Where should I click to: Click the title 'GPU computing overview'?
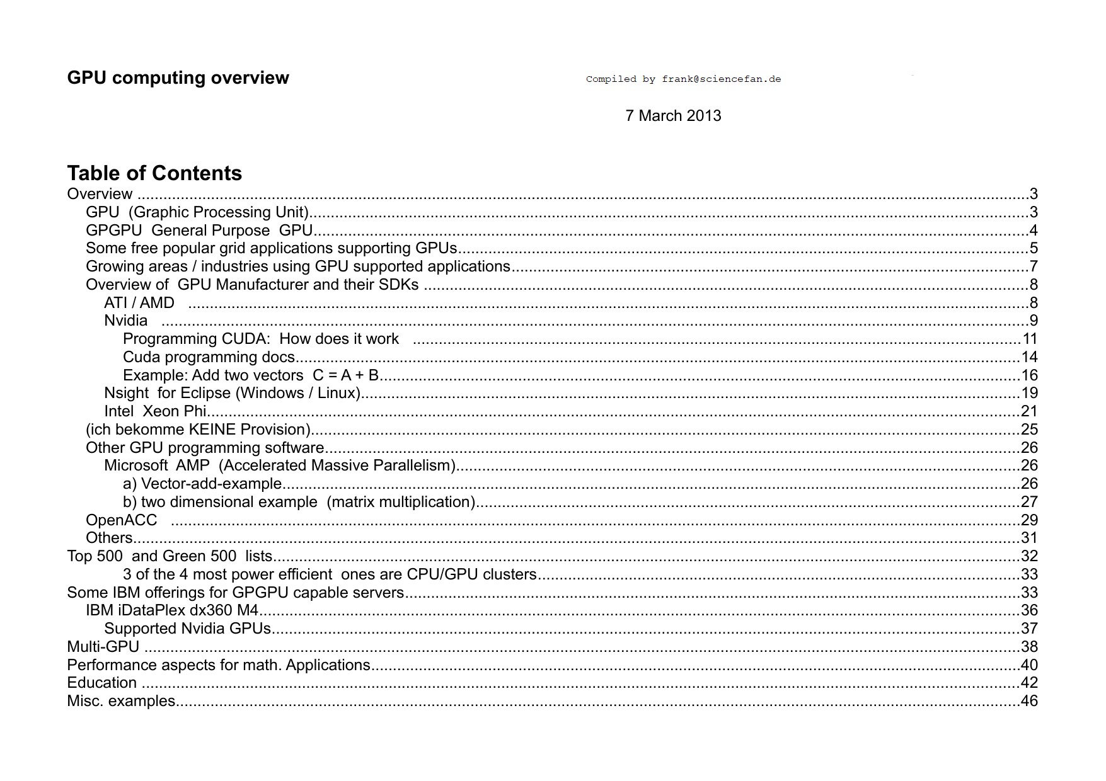click(x=178, y=78)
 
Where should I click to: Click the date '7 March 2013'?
click(x=673, y=116)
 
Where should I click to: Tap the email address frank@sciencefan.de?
click(x=721, y=79)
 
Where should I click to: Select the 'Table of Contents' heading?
click(x=154, y=173)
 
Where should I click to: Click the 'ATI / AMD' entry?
click(x=139, y=303)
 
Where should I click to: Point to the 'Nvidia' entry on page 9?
click(x=126, y=321)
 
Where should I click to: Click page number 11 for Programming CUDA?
click(x=1029, y=339)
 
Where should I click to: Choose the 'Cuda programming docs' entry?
click(x=209, y=357)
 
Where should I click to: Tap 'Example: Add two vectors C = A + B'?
click(x=251, y=375)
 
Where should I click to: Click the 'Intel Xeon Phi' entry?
click(x=155, y=411)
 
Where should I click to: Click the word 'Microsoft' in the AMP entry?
click(x=135, y=465)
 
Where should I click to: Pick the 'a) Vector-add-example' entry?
click(x=202, y=484)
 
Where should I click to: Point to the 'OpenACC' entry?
click(x=122, y=520)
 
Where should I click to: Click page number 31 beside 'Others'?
click(x=1029, y=538)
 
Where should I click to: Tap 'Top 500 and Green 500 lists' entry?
click(x=170, y=556)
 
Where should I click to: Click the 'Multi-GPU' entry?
click(x=103, y=647)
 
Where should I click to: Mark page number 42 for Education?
click(x=1029, y=683)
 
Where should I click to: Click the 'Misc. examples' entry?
click(x=121, y=701)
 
